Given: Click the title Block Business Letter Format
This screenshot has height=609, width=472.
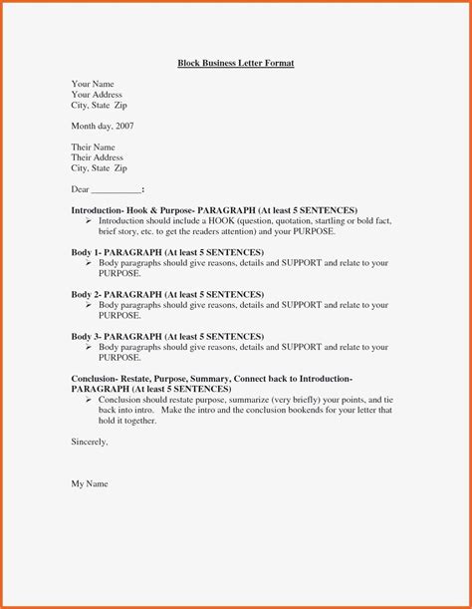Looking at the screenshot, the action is point(236,63).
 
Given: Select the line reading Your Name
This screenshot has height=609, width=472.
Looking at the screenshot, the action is point(93,85).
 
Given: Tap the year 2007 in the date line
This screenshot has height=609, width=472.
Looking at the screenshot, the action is point(123,127).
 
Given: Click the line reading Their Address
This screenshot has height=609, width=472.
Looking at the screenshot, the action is point(97,157).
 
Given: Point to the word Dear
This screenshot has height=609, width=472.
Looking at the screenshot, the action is point(81,189).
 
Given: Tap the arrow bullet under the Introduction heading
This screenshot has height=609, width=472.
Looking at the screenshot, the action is point(89,221).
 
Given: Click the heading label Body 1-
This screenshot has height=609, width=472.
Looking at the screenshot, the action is point(88,252).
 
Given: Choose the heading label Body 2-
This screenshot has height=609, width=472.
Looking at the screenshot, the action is point(88,294).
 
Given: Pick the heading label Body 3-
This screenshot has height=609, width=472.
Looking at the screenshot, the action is point(88,336).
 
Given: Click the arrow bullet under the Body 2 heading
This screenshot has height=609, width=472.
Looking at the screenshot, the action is point(89,305).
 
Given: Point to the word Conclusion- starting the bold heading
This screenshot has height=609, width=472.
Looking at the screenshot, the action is point(96,379).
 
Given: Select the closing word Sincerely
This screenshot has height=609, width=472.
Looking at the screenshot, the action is point(89,441).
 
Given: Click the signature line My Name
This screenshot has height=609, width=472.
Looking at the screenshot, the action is point(90,483).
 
